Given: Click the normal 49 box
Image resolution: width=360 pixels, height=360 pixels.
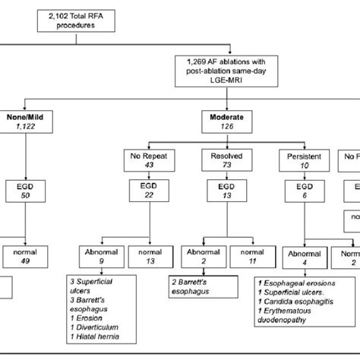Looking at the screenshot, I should click(x=24, y=257).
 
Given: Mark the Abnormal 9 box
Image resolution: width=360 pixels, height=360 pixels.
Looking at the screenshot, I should click(x=102, y=257).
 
